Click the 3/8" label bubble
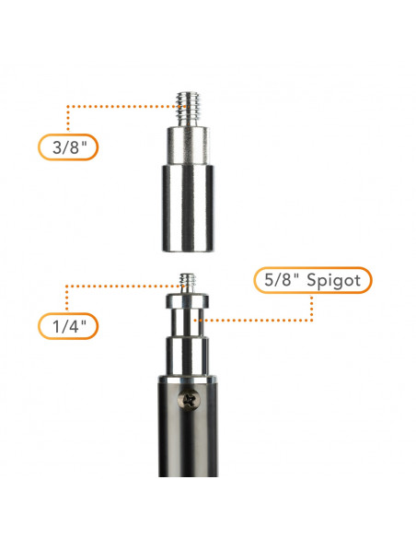(x=68, y=147)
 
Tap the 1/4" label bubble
(x=68, y=326)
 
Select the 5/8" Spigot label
(x=313, y=280)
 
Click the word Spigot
(x=333, y=281)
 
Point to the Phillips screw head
(x=188, y=400)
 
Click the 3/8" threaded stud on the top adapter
(x=188, y=109)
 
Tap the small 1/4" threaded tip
(x=188, y=283)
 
